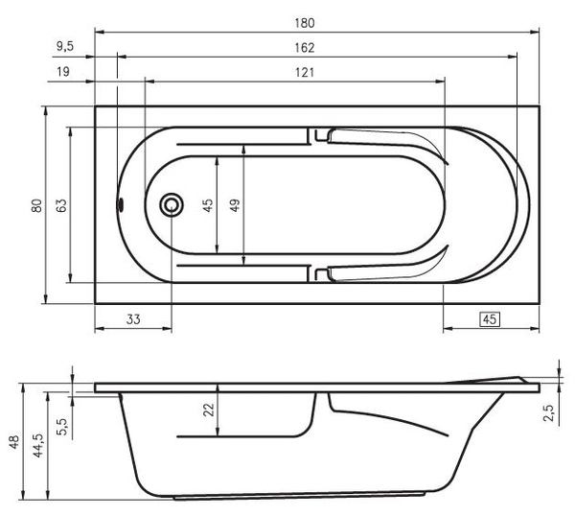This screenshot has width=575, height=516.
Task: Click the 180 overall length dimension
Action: click(x=305, y=23)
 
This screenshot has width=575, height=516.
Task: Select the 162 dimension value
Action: click(x=305, y=48)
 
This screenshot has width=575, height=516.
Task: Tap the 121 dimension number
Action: click(x=305, y=72)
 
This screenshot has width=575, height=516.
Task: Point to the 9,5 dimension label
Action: click(x=65, y=46)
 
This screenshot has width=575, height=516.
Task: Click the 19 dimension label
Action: click(x=63, y=71)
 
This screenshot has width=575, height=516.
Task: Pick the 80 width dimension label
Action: click(x=36, y=205)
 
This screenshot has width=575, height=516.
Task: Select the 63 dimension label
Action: click(x=61, y=205)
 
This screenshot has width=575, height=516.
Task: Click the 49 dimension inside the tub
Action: click(x=235, y=205)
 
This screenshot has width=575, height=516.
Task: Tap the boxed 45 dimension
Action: click(x=490, y=319)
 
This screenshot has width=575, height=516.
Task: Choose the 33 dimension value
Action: click(x=133, y=319)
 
